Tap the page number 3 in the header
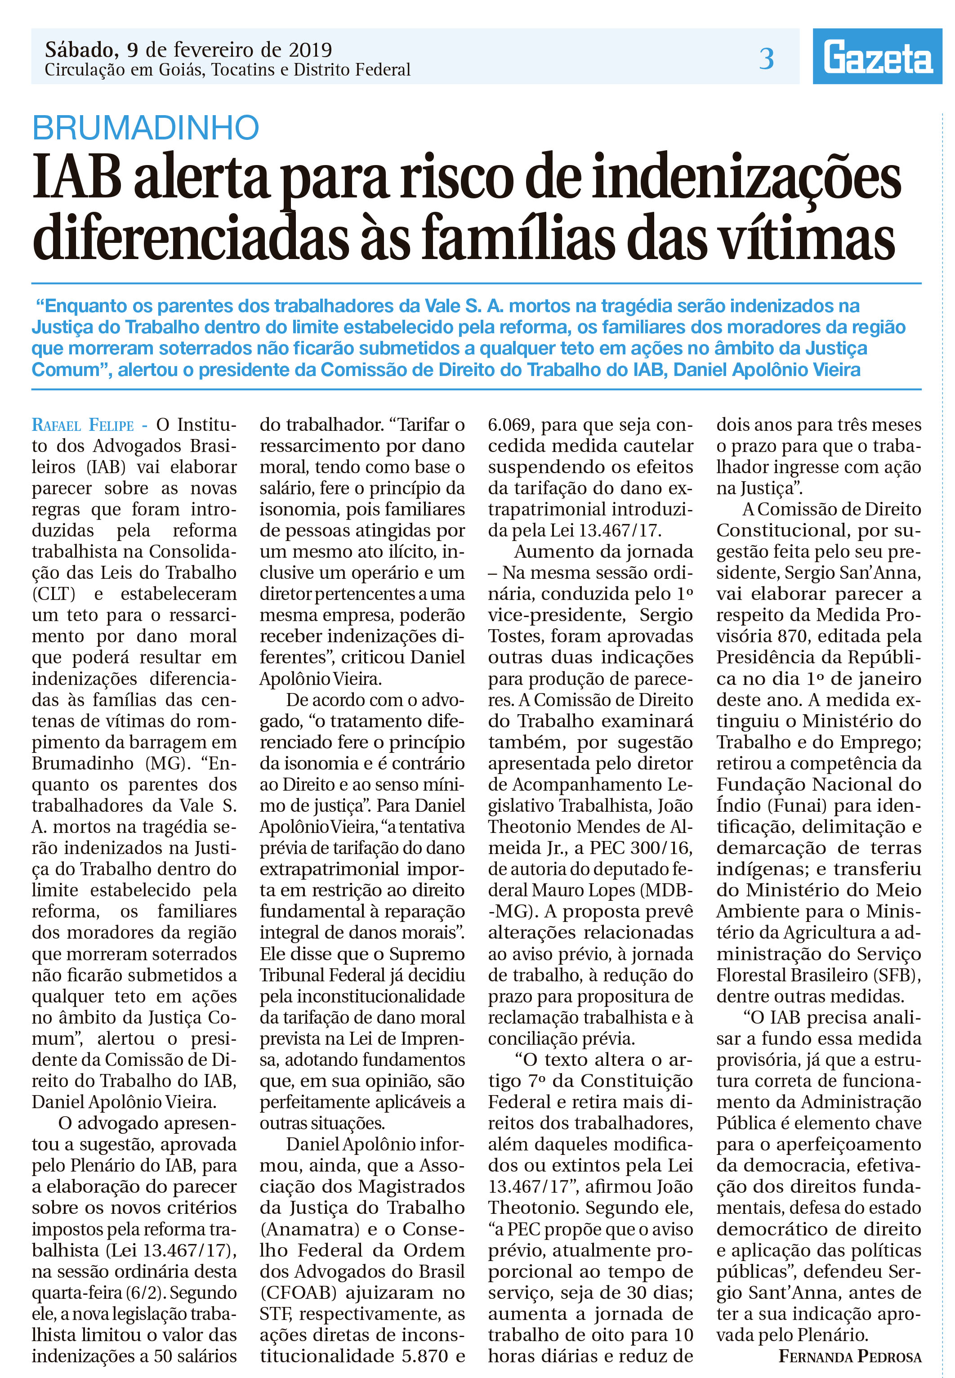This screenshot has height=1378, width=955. pos(767,58)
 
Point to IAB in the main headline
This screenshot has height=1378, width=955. pos(76,178)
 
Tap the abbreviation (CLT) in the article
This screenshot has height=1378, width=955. pos(54,594)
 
